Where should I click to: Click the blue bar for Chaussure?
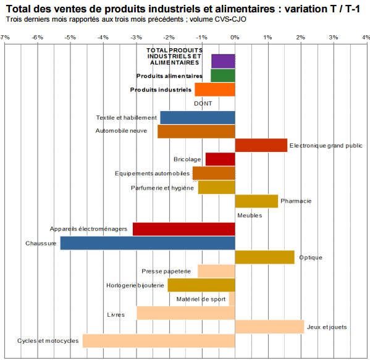click(x=148, y=243)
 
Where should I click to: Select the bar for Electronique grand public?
click(x=261, y=145)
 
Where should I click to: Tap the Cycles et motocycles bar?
click(x=159, y=341)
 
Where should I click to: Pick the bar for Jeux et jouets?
click(x=269, y=327)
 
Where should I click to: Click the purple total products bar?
click(x=223, y=61)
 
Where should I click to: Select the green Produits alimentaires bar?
click(x=223, y=75)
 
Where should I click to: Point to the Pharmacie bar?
click(x=256, y=201)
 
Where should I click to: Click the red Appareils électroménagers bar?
click(x=184, y=229)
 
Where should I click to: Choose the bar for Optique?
click(x=265, y=257)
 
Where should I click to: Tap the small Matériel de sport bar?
click(x=232, y=299)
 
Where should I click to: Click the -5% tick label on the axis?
click(x=70, y=38)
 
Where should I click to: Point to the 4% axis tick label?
click(x=366, y=38)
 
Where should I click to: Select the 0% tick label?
click(x=235, y=38)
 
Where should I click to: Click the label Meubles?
click(x=250, y=216)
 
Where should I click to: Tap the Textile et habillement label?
click(x=127, y=117)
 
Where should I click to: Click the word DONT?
click(x=203, y=104)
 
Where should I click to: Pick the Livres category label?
click(x=116, y=314)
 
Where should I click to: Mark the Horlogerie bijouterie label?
click(x=135, y=285)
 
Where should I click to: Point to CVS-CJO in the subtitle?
click(x=232, y=19)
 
